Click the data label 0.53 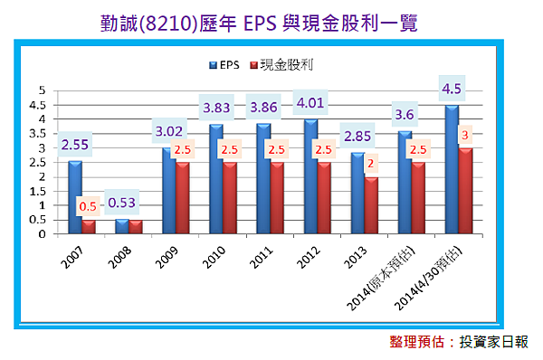tap(124, 202)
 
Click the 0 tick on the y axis tap(42, 234)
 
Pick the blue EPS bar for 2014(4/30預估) tap(452, 169)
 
